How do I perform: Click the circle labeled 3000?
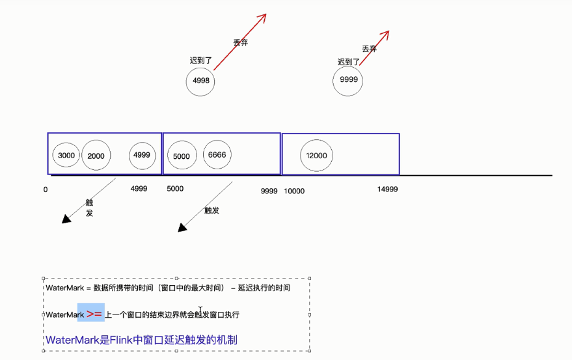(x=66, y=156)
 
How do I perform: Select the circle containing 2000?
(x=96, y=156)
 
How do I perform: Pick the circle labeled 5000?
(x=182, y=156)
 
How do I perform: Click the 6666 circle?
(x=217, y=154)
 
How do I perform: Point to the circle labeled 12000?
(x=316, y=156)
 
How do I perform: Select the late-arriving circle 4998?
(x=201, y=81)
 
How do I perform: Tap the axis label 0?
(x=46, y=189)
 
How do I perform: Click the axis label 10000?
(x=294, y=191)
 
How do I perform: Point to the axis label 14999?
(x=387, y=189)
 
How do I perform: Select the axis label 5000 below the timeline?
(x=175, y=189)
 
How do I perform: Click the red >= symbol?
(x=94, y=314)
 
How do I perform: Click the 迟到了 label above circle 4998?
(x=201, y=60)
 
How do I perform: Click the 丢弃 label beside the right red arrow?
(x=370, y=49)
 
